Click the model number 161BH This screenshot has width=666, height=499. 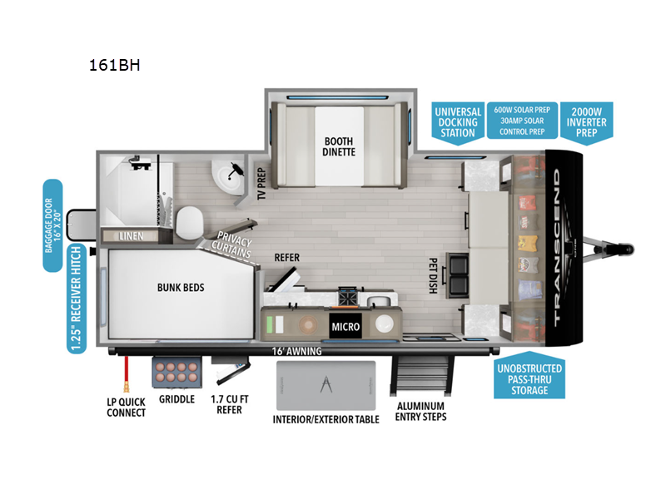pyautogui.click(x=115, y=63)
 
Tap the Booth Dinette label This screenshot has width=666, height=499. pyautogui.click(x=339, y=146)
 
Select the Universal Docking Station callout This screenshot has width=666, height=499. pyautogui.click(x=457, y=121)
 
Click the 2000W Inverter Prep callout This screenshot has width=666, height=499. pyautogui.click(x=587, y=121)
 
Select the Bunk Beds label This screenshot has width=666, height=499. pyautogui.click(x=181, y=288)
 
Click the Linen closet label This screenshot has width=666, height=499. pyautogui.click(x=132, y=236)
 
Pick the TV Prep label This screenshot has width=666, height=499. pyautogui.click(x=261, y=182)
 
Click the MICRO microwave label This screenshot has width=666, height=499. pyautogui.click(x=346, y=326)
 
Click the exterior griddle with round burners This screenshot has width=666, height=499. pyautogui.click(x=176, y=371)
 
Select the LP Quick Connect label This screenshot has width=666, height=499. pyautogui.click(x=126, y=406)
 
